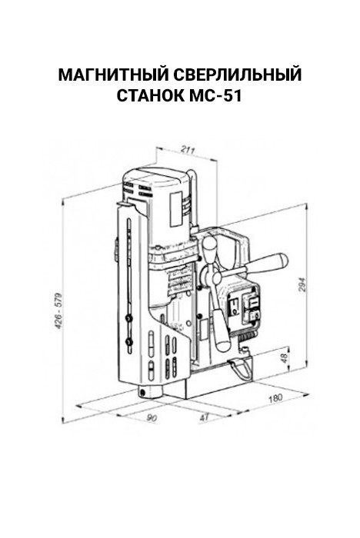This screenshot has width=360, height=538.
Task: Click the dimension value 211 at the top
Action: pos(188,150)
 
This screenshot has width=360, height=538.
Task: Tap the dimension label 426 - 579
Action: pos(58,311)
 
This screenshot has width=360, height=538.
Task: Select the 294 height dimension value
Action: pos(302,284)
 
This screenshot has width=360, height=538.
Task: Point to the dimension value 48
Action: pos(284,358)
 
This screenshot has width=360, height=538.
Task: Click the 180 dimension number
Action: pos(275,398)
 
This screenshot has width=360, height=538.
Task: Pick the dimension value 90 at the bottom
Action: pos(152,418)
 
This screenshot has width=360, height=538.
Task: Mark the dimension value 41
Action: pos(204,417)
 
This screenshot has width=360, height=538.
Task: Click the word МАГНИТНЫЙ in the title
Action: pos(113,75)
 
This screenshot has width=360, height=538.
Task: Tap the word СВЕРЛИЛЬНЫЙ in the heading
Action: pos(238,75)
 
